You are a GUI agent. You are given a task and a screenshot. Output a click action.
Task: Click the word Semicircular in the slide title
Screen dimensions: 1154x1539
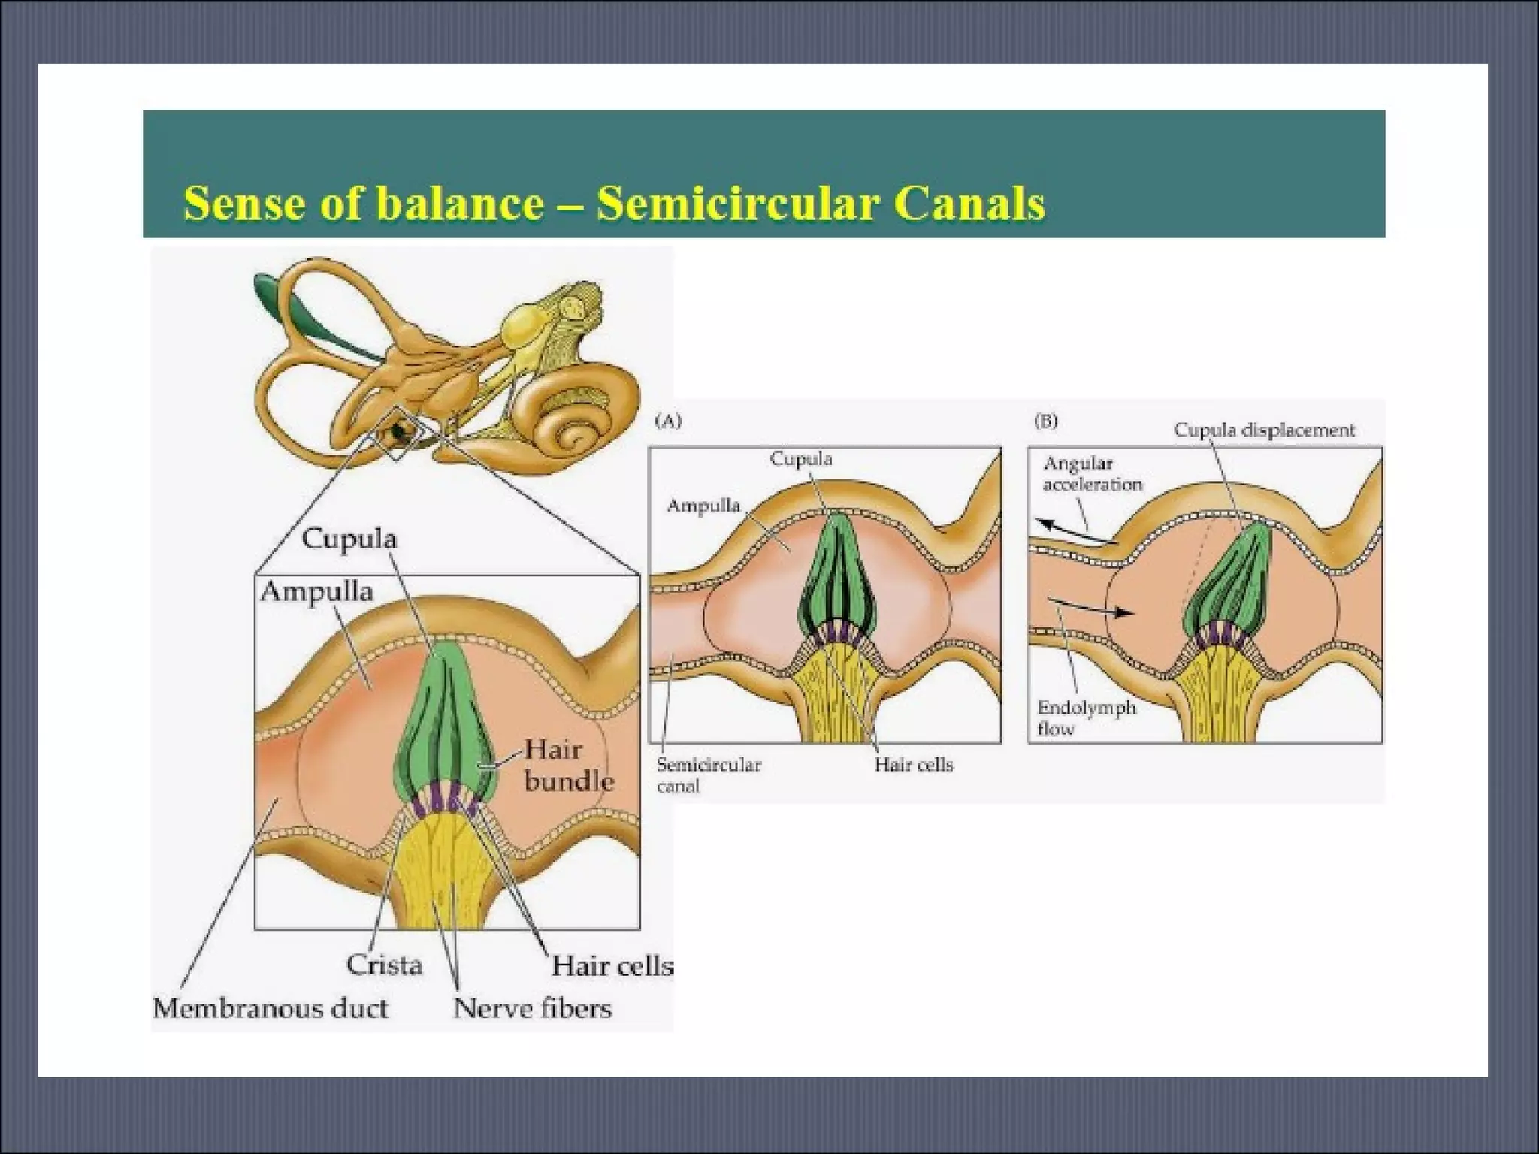click(736, 204)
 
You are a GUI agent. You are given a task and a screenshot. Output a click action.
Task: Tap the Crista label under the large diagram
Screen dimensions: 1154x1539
click(384, 965)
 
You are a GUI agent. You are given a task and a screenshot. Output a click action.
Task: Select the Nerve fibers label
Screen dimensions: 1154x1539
click(533, 1007)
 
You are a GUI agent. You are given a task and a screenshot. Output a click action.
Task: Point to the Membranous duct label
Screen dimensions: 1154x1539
click(271, 1007)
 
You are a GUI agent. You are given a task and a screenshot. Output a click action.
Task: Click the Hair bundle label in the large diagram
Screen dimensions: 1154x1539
click(567, 765)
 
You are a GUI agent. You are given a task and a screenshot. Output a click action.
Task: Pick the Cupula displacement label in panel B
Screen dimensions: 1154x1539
click(1264, 430)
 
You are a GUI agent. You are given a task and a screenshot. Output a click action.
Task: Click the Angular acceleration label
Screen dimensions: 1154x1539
click(1092, 474)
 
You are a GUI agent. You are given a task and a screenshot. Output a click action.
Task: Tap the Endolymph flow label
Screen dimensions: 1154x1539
click(1086, 717)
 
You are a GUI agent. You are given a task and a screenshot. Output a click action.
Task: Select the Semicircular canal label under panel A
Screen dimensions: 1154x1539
click(708, 775)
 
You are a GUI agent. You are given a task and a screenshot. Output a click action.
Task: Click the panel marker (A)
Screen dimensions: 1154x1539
click(668, 421)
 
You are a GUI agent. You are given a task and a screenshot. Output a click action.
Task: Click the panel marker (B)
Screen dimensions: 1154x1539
click(1046, 421)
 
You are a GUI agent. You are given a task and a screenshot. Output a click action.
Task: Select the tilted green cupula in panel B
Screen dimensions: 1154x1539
click(1232, 579)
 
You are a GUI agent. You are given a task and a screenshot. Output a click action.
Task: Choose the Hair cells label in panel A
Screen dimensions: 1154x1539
click(913, 765)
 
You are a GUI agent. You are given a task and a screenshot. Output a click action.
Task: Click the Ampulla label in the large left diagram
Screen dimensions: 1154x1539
click(316, 591)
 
